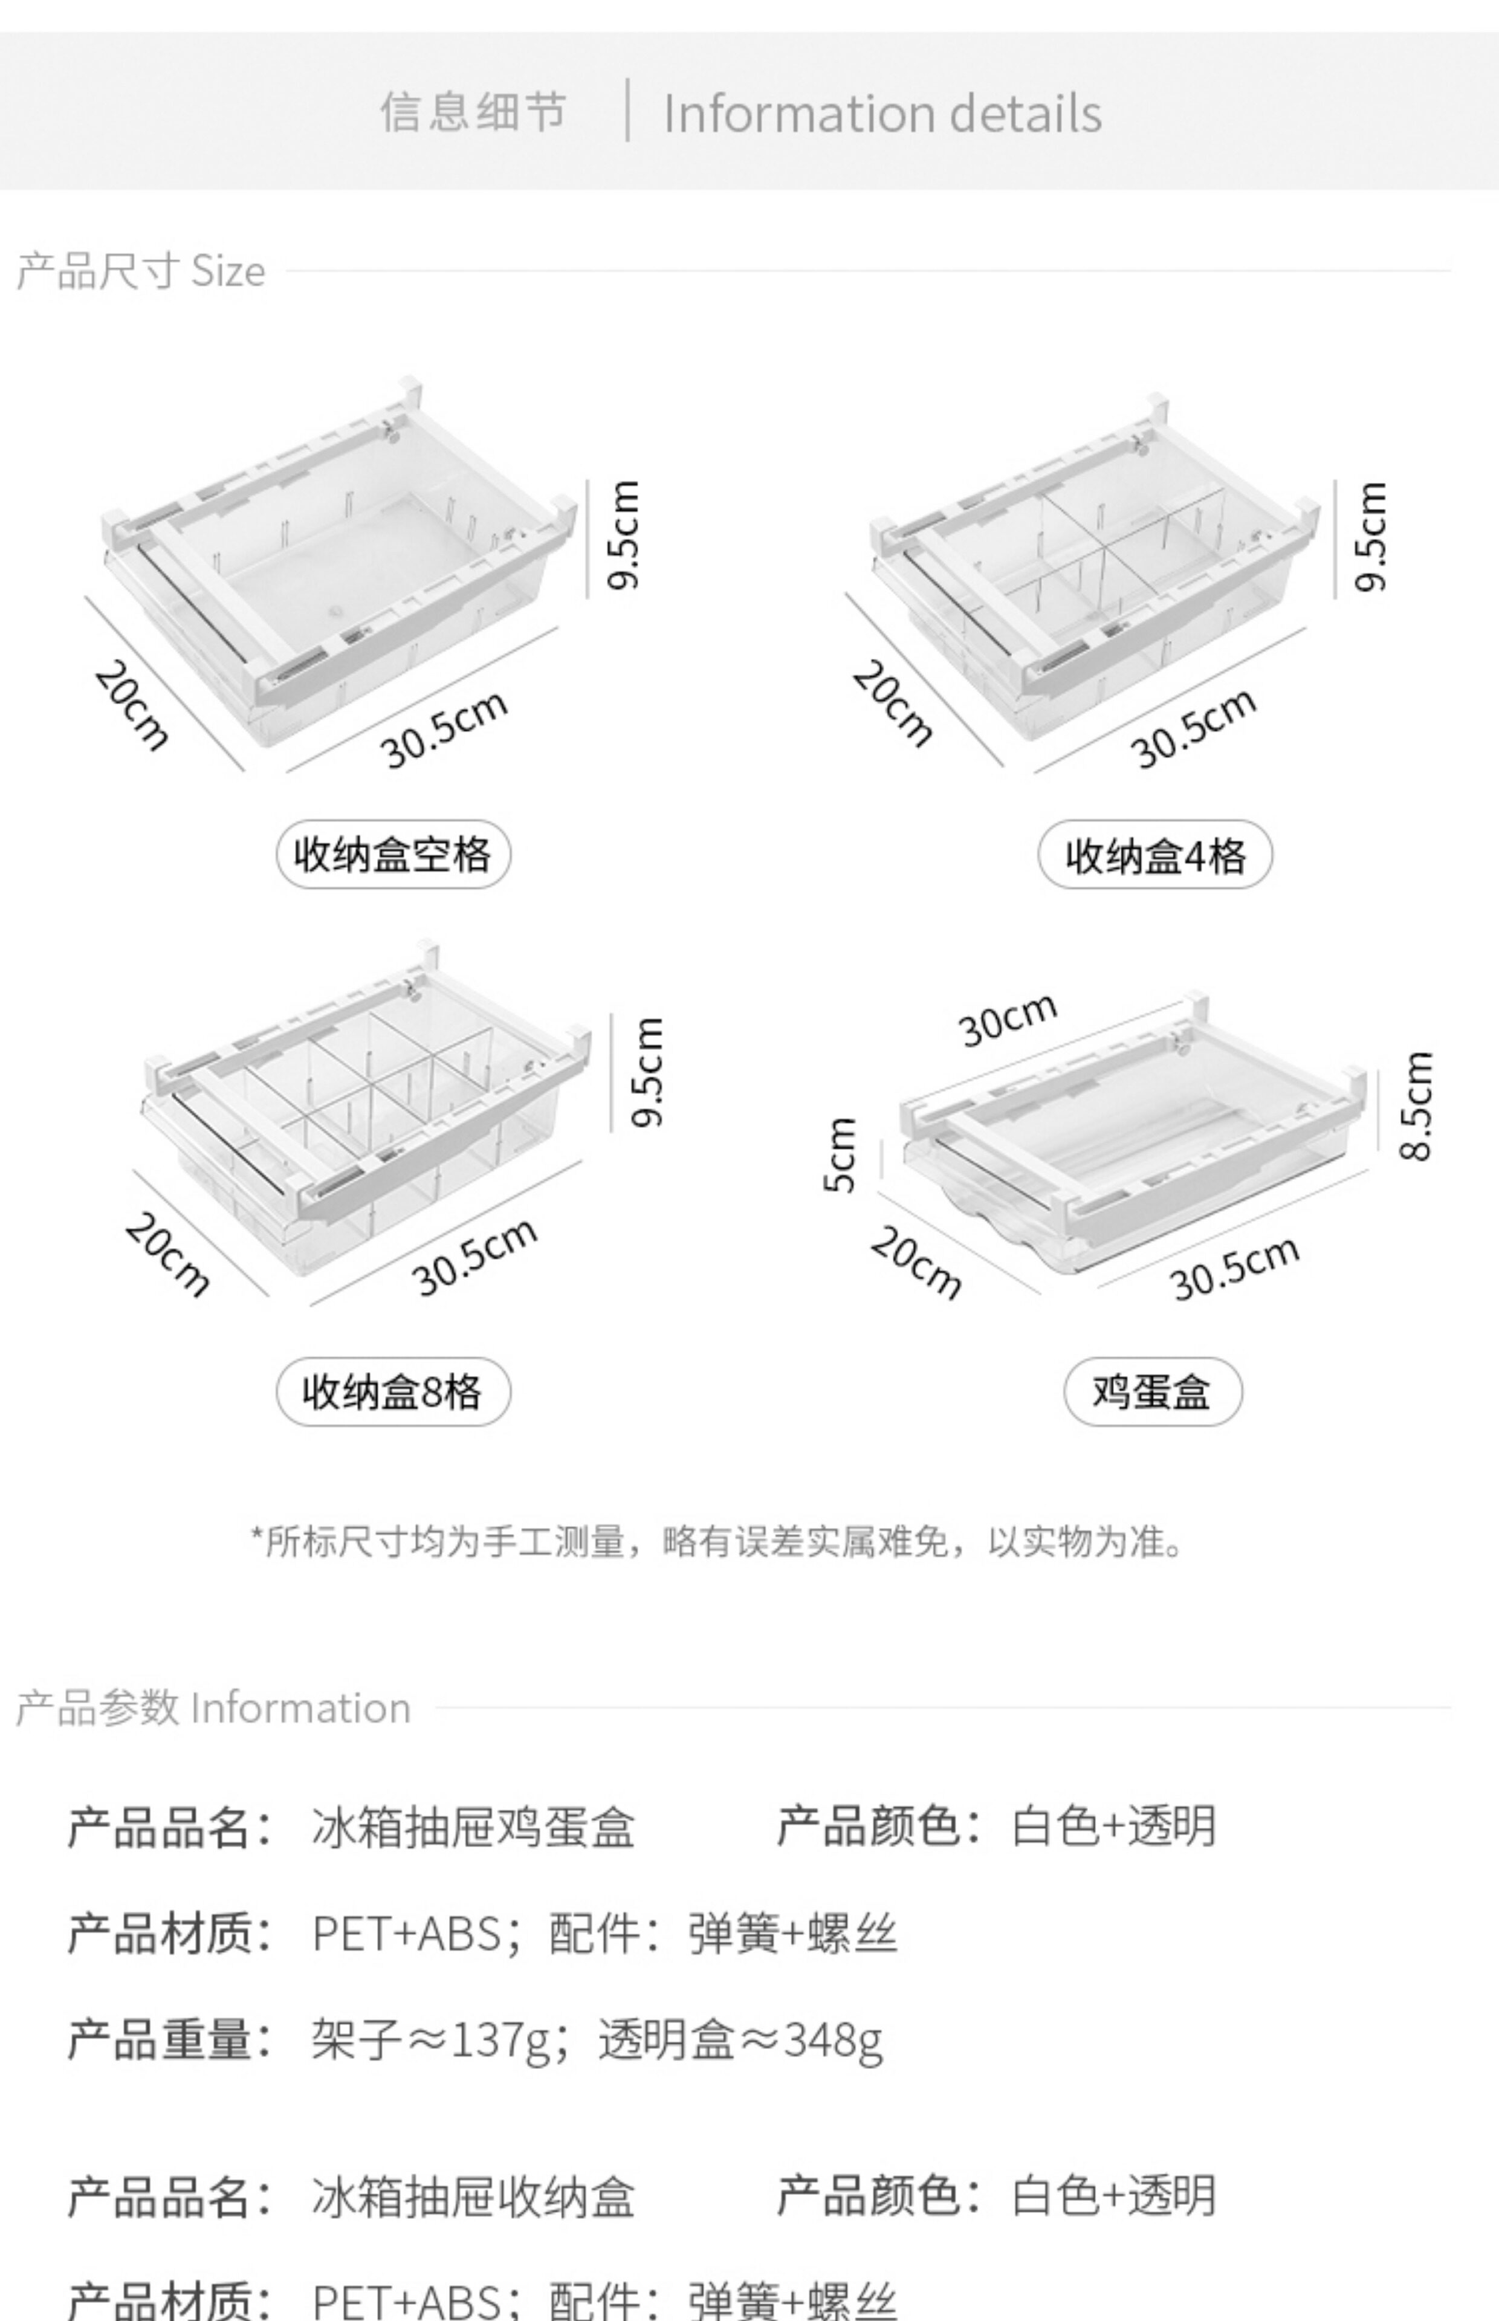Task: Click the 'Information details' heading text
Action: pyautogui.click(x=882, y=113)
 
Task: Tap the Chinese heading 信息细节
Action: pyautogui.click(x=473, y=111)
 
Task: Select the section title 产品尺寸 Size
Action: pyautogui.click(x=141, y=271)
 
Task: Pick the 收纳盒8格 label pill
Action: pyautogui.click(x=393, y=1391)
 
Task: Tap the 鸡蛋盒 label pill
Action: pyautogui.click(x=1153, y=1391)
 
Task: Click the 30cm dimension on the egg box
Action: pyautogui.click(x=1008, y=1019)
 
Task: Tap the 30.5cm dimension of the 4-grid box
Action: pyautogui.click(x=1193, y=728)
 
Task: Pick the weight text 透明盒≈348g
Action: pyautogui.click(x=740, y=2039)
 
